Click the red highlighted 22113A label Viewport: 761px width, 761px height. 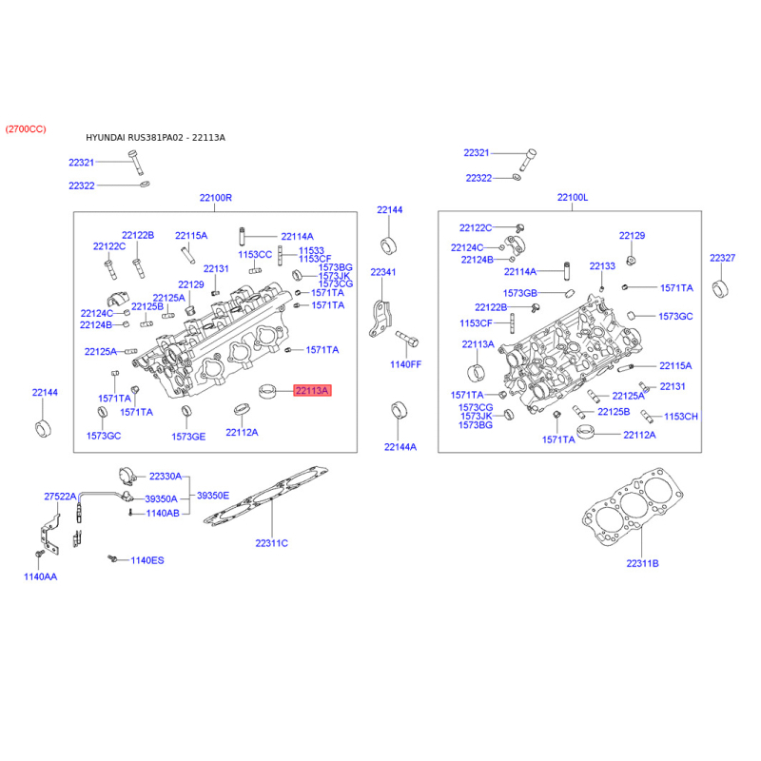coord(312,390)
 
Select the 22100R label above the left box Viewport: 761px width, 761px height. coord(216,198)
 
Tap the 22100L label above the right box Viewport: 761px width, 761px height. coord(573,197)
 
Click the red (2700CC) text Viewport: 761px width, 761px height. coord(26,129)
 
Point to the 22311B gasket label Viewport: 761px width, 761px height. coord(642,563)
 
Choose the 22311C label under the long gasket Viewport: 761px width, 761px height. coord(271,543)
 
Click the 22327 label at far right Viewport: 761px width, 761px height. coord(722,258)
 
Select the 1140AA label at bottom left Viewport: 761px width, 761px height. coord(40,576)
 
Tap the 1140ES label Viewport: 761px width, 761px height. coord(147,560)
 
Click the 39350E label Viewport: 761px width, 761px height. coord(212,496)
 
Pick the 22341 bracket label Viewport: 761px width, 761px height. coord(383,272)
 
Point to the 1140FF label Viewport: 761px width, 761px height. coord(406,364)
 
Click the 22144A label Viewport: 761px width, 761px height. coord(400,447)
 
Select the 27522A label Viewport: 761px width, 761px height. coord(60,496)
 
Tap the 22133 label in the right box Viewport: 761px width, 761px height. coord(602,266)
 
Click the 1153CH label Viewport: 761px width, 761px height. coord(680,417)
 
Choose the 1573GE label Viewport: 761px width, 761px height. coord(188,437)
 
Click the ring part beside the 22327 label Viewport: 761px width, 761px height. coord(720,289)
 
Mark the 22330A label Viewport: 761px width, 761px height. coord(165,477)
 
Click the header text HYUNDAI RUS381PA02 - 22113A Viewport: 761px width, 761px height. coord(155,137)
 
